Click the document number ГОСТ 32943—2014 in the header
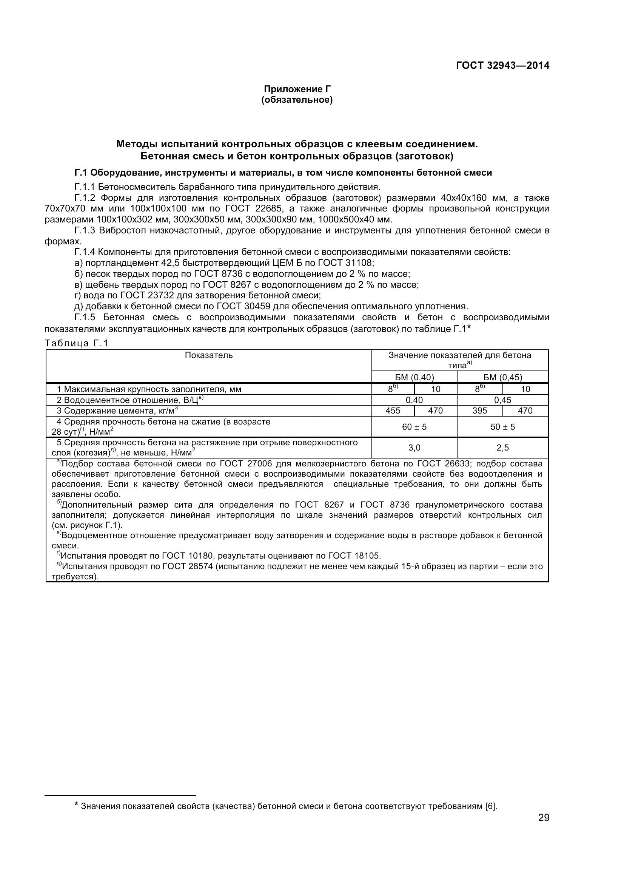[x=502, y=65]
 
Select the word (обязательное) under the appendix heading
[x=297, y=100]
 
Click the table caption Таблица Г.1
[x=77, y=343]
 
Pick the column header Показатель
[x=209, y=355]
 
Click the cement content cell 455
[x=393, y=411]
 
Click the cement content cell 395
[x=479, y=411]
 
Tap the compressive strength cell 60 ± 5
[x=414, y=427]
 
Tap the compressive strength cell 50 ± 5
[x=502, y=427]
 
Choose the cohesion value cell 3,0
[x=414, y=448]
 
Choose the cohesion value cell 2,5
[x=502, y=448]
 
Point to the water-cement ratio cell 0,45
[x=502, y=400]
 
